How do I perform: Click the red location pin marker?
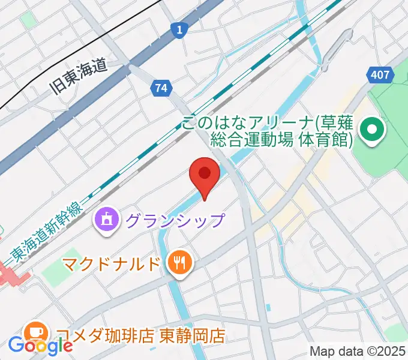(204, 175)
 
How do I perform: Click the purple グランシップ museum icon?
(107, 220)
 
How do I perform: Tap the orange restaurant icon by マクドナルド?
(179, 263)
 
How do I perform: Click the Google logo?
(40, 345)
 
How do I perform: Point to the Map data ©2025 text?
(358, 351)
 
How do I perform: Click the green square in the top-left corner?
(28, 19)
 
